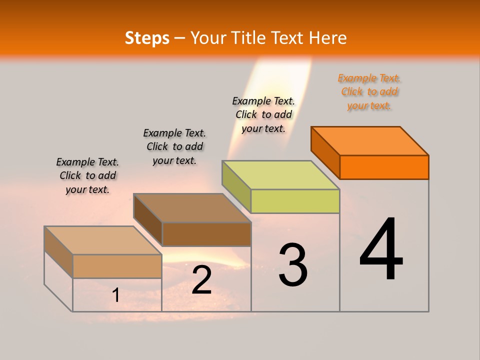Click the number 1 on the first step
(x=116, y=295)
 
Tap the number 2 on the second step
(x=201, y=280)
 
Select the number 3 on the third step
(x=293, y=265)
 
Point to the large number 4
(x=381, y=250)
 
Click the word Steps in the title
(x=147, y=38)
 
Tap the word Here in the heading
(x=328, y=38)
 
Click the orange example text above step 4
(x=369, y=92)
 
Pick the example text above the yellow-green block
(x=263, y=114)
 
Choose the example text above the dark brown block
(x=174, y=146)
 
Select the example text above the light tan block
(x=87, y=175)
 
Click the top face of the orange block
(x=370, y=140)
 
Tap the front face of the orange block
(x=384, y=167)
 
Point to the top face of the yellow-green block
(x=281, y=175)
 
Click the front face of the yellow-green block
(x=295, y=201)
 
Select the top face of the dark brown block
(x=192, y=208)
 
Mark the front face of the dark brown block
(x=206, y=234)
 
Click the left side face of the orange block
(x=325, y=152)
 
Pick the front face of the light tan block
(x=117, y=266)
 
